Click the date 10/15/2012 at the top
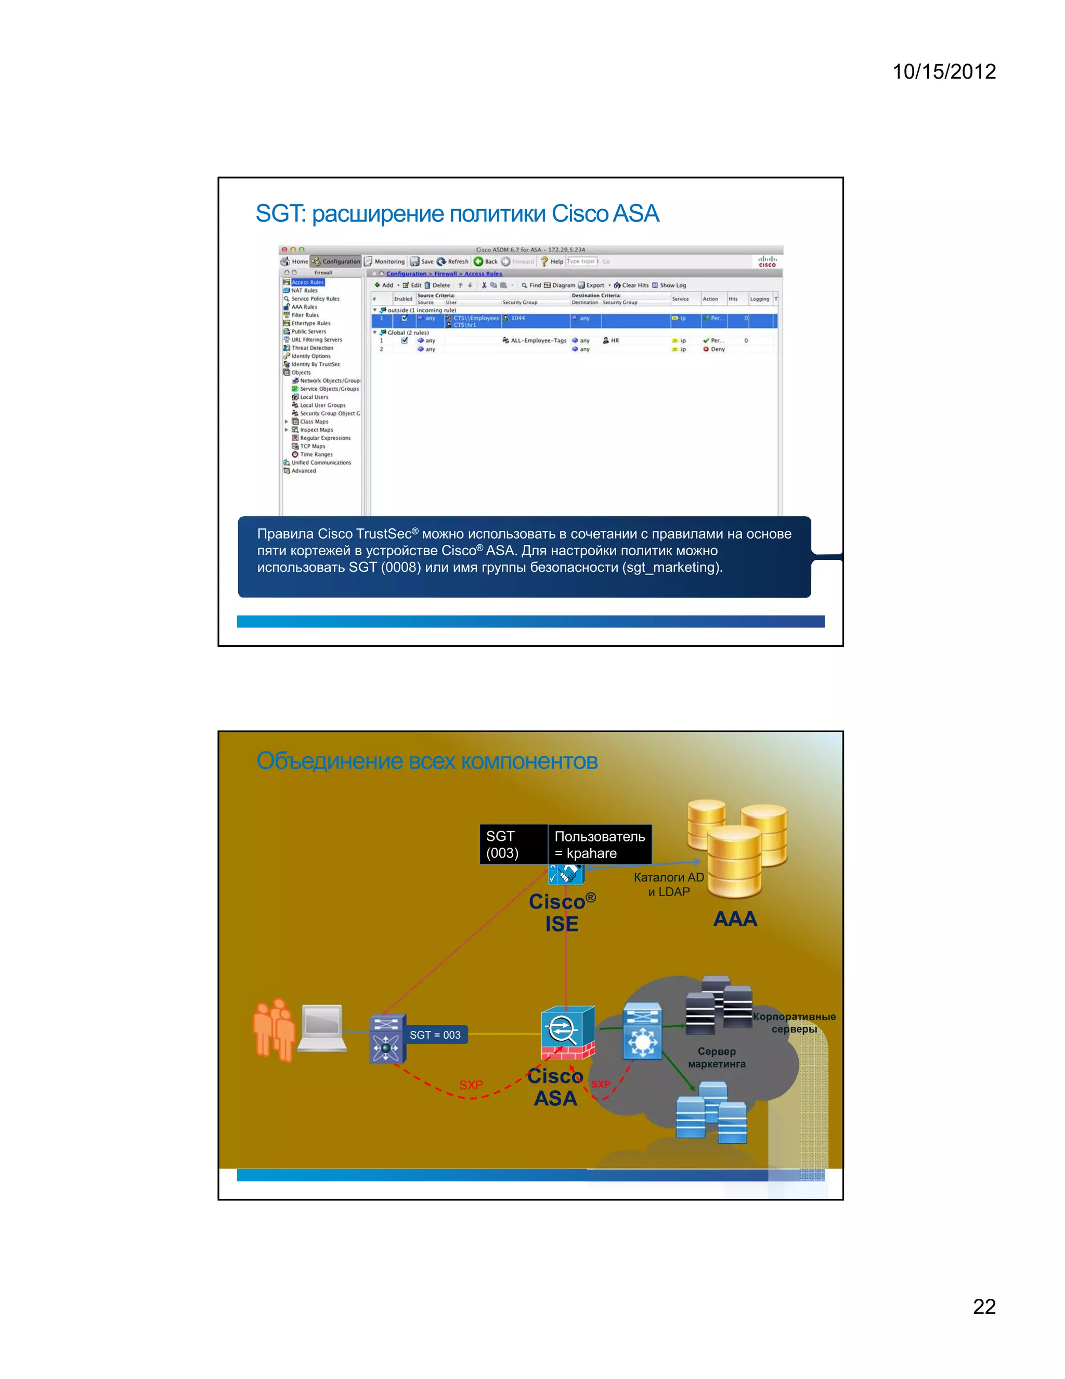point(943,71)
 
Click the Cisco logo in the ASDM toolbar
point(767,261)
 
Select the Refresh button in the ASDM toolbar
point(452,261)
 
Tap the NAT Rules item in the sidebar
point(304,290)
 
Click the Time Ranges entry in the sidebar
point(316,455)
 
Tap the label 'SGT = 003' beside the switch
point(435,1035)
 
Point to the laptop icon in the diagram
point(322,1027)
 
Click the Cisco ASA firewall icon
point(567,1033)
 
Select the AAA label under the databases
point(734,918)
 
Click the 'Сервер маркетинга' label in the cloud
point(717,1057)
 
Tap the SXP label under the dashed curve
point(471,1085)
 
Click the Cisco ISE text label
point(562,912)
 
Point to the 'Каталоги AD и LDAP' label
point(669,885)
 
